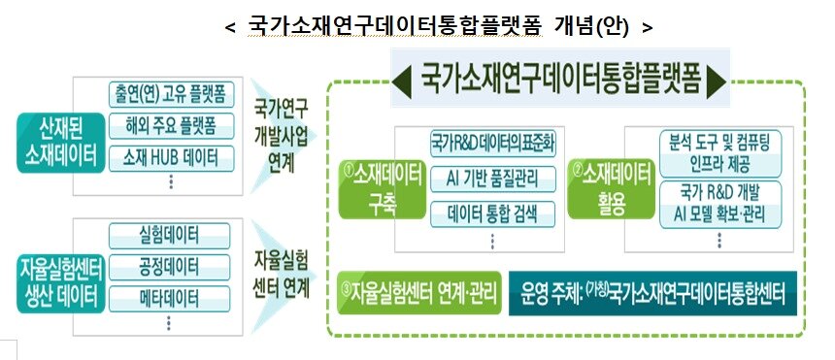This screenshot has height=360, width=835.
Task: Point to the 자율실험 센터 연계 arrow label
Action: (x=281, y=275)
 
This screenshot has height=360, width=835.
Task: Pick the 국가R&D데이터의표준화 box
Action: (x=492, y=147)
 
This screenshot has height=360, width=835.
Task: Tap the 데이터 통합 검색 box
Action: (x=492, y=210)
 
